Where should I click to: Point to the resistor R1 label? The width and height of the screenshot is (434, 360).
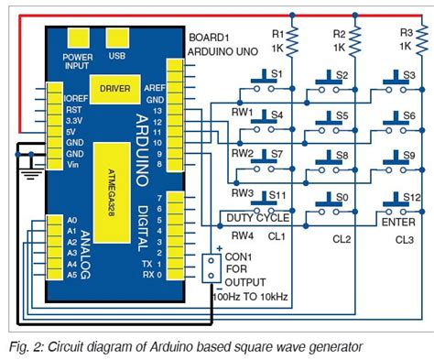point(277,33)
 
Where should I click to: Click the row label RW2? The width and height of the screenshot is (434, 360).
point(242,153)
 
